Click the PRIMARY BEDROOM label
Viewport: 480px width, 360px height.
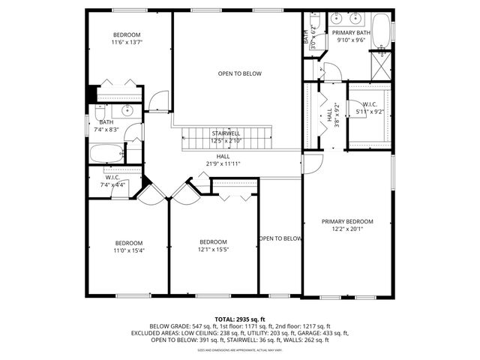point(347,221)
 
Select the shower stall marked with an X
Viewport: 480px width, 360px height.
point(381,70)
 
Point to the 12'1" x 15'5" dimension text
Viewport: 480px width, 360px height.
point(214,250)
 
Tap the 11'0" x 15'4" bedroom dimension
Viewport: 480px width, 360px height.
point(129,250)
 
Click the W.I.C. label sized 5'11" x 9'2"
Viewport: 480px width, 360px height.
point(370,104)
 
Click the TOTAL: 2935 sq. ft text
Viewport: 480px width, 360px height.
point(240,319)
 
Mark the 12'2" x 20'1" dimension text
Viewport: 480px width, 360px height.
point(347,229)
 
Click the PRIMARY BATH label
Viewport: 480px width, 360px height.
point(350,33)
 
